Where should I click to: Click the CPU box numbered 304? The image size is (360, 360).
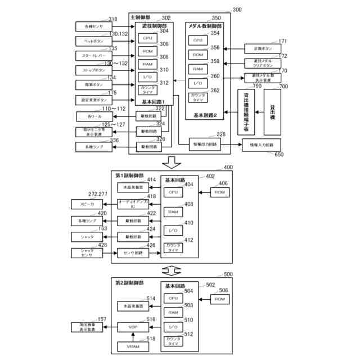pos(147,38)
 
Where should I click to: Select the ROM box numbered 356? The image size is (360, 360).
pos(197,55)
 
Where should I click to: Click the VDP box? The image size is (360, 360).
pos(133,327)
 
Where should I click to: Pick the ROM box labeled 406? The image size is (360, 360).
pos(219,192)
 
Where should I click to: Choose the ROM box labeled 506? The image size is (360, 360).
pos(219,298)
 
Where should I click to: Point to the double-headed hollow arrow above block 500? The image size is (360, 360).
pos(172,269)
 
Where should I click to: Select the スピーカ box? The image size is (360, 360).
pos(87,204)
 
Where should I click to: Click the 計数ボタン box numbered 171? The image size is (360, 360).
pos(258,48)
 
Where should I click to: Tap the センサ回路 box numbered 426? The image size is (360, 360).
pos(133,253)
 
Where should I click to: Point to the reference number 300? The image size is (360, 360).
pos(237,10)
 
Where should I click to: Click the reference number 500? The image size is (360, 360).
pos(228,274)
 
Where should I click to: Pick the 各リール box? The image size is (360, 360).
pos(91,116)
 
